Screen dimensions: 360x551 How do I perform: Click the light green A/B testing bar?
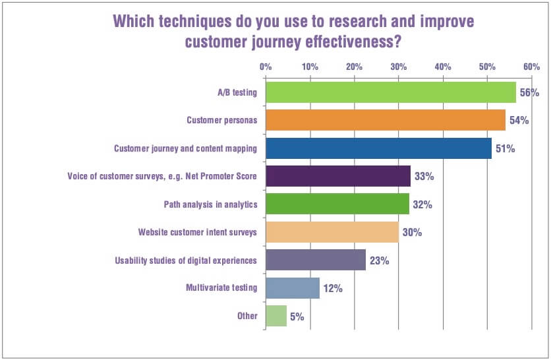(x=391, y=92)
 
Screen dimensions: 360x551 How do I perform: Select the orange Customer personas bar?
(x=386, y=120)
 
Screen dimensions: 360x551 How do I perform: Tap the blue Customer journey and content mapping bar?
(x=379, y=148)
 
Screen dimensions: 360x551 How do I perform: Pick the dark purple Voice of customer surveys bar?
(x=338, y=176)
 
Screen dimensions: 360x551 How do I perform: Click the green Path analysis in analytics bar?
(x=337, y=204)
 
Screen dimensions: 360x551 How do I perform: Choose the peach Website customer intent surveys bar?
(x=332, y=232)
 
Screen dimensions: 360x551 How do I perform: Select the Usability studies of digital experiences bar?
(x=316, y=260)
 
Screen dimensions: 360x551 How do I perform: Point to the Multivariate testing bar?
(x=293, y=288)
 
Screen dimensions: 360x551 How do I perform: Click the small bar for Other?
(x=276, y=316)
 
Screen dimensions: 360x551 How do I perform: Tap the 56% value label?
(x=529, y=93)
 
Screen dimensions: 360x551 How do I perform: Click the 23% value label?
(x=379, y=260)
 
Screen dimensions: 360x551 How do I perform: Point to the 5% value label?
(x=297, y=316)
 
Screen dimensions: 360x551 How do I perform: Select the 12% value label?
(x=333, y=288)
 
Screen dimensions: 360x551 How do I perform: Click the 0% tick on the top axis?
(x=266, y=67)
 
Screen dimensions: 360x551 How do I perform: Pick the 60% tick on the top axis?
(x=531, y=67)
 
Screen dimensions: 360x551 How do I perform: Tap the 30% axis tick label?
(x=398, y=67)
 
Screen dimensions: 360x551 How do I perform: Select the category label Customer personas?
(x=221, y=120)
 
